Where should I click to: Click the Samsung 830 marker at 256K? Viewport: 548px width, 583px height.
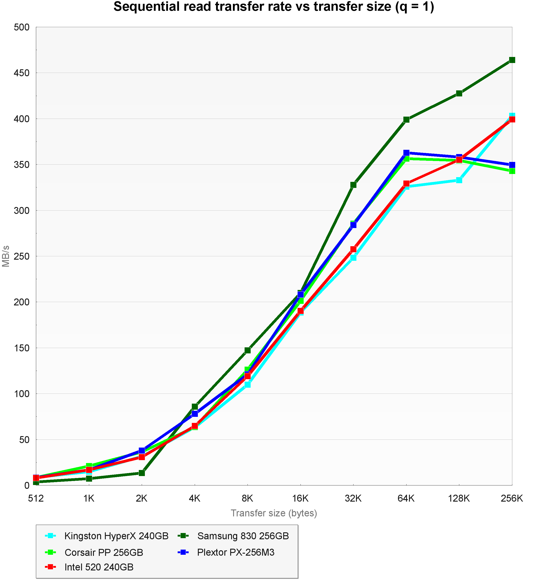pyautogui.click(x=512, y=60)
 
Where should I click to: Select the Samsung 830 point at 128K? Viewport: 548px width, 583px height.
pyautogui.click(x=459, y=93)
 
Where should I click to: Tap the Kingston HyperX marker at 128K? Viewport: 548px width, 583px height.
pyautogui.click(x=459, y=180)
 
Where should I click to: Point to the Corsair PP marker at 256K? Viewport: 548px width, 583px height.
pyautogui.click(x=512, y=171)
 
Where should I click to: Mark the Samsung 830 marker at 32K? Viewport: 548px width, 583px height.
pyautogui.click(x=353, y=185)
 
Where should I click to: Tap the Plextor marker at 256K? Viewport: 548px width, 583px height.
pyautogui.click(x=512, y=165)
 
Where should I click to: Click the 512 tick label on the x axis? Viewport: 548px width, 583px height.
pyautogui.click(x=36, y=498)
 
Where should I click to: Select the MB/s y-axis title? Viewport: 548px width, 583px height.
pyautogui.click(x=6, y=256)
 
